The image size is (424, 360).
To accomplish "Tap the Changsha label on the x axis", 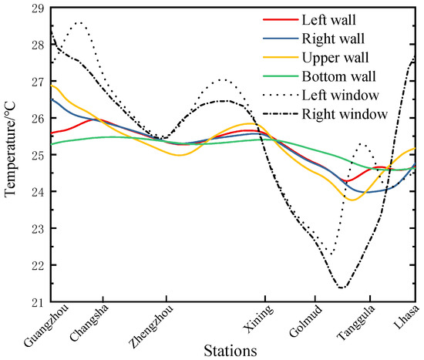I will point(91,325).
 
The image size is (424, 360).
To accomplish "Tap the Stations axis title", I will point(231,352).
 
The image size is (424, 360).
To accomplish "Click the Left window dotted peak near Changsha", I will point(79,23).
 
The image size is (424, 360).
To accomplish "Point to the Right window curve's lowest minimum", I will point(342,288).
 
